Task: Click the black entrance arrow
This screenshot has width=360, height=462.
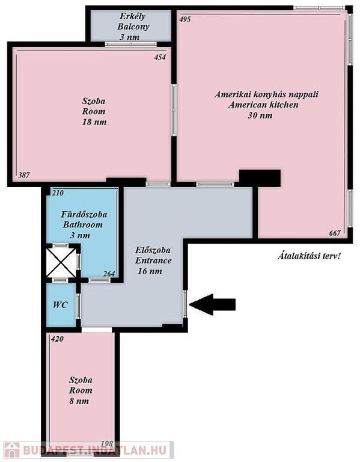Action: point(212,304)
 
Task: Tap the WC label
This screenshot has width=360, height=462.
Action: point(60,304)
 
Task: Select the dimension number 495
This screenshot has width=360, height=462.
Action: point(185,19)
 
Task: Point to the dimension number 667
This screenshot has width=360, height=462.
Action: point(335,233)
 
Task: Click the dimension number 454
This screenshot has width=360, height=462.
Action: point(160,57)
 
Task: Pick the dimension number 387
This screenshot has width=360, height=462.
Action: point(24,175)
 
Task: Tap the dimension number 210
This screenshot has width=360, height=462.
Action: point(58,193)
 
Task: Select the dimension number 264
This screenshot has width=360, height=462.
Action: point(109,274)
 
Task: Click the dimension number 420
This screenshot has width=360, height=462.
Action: point(57,339)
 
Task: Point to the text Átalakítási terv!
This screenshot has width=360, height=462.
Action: point(309,256)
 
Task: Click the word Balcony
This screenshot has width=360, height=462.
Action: point(133,26)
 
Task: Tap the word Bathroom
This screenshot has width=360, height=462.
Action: point(83,224)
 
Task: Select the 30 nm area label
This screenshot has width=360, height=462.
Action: point(260,115)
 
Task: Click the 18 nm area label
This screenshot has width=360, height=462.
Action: point(94,122)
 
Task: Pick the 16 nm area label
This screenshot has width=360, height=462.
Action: point(150,271)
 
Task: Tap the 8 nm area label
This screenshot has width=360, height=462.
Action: point(79,401)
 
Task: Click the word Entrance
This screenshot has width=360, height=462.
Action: point(153,260)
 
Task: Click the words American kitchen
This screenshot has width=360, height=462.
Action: point(263,105)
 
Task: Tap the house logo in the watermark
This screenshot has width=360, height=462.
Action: point(11,450)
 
